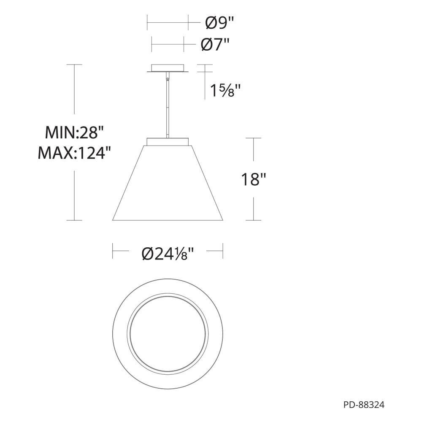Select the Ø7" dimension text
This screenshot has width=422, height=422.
pos(215,44)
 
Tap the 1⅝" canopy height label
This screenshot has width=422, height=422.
pos(225,90)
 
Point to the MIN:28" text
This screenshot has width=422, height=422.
pos(74,133)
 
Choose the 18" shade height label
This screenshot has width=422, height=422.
pos(254,179)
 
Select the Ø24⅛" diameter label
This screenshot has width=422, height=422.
pos(168,254)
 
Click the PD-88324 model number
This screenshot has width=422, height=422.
pos(364,405)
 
